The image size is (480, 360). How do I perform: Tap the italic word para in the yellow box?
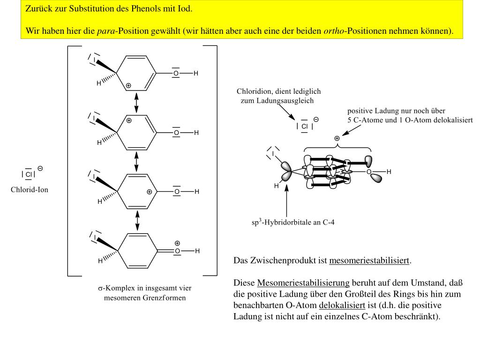pos(106,31)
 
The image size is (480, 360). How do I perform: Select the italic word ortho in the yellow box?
pos(333,31)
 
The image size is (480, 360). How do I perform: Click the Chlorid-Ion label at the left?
pos(30,190)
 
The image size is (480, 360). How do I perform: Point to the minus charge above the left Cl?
pos(40,168)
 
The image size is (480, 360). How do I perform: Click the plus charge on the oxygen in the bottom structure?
pos(177,243)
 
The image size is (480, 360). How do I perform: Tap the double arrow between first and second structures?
pos(136,103)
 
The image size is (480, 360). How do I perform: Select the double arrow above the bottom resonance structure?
pos(137,220)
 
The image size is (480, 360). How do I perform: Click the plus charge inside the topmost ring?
pos(128,85)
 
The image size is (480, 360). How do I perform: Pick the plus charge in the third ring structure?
pos(149,192)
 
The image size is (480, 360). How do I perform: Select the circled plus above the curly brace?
pos(337,138)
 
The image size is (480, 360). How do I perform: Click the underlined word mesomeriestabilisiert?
pos(369,261)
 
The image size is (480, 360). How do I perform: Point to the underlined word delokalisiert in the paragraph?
pos(342,306)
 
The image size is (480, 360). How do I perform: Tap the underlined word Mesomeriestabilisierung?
pos(303,283)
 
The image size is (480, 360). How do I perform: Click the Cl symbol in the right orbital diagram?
pos(304,127)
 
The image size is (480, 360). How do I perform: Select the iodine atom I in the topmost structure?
pos(95,60)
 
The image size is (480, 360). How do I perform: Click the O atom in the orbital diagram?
pos(369,172)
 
